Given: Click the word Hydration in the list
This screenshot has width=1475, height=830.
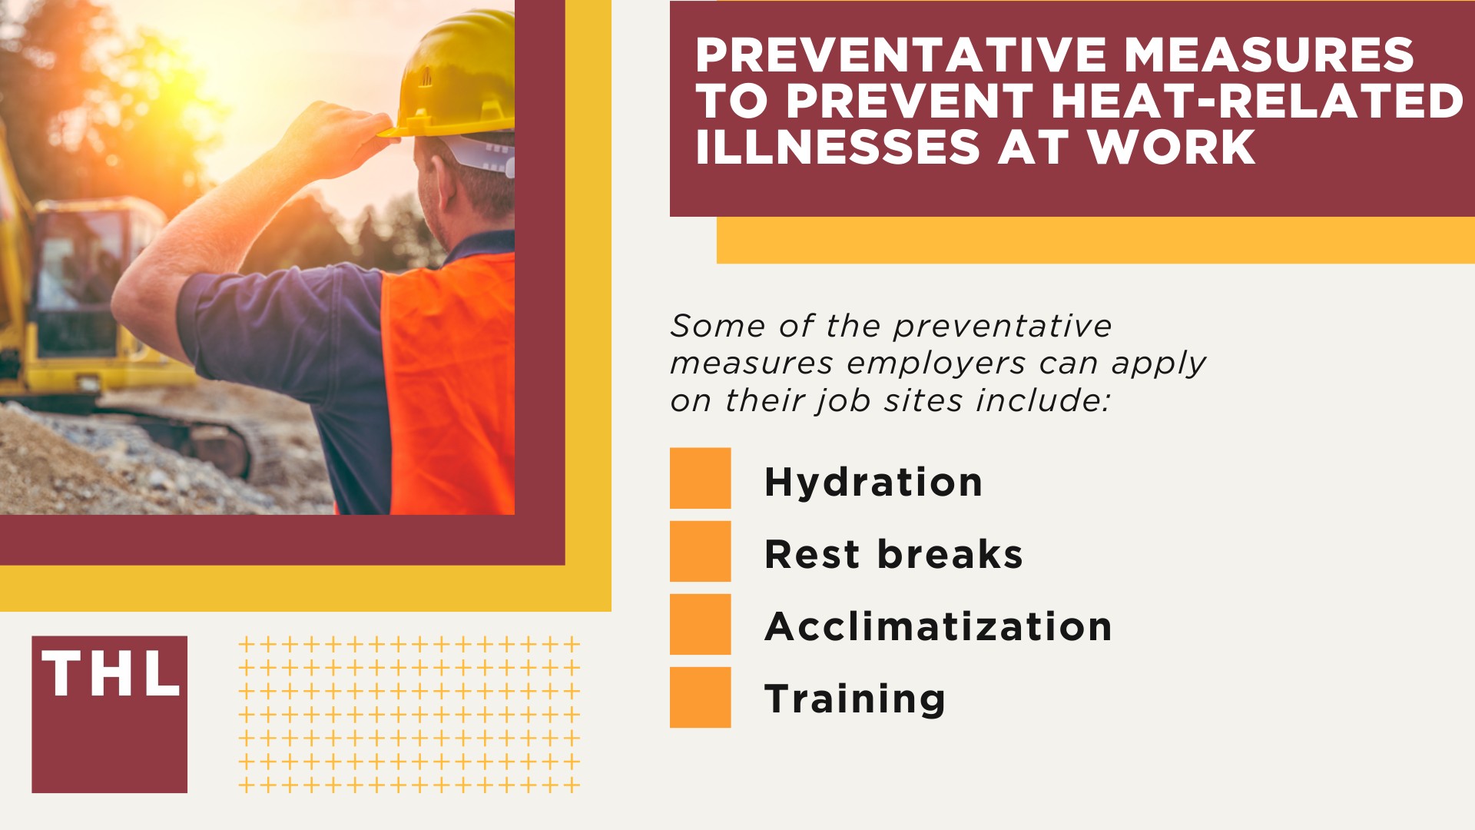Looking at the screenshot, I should (x=873, y=483).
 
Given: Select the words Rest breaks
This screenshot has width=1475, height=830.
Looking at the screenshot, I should (x=893, y=554).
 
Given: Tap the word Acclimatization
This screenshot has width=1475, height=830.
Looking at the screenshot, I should (x=938, y=626).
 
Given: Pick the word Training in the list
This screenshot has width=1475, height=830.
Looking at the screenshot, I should (x=855, y=699).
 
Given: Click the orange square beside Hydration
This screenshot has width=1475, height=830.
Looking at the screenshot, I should (x=700, y=478).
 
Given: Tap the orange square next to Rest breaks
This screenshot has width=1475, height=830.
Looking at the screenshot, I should (x=700, y=551).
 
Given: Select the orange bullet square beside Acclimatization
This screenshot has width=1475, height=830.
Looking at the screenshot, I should (x=700, y=624).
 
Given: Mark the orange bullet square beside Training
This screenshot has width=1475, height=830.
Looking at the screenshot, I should (x=700, y=697).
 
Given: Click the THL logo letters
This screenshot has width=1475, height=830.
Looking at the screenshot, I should (x=110, y=674).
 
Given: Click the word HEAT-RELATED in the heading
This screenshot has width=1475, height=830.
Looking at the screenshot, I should (x=1257, y=101).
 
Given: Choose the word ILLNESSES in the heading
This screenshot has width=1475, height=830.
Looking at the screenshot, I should (x=838, y=147).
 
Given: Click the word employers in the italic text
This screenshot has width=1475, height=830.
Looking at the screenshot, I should (x=936, y=364).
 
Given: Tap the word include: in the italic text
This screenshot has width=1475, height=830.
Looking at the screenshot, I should (x=1043, y=400).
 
